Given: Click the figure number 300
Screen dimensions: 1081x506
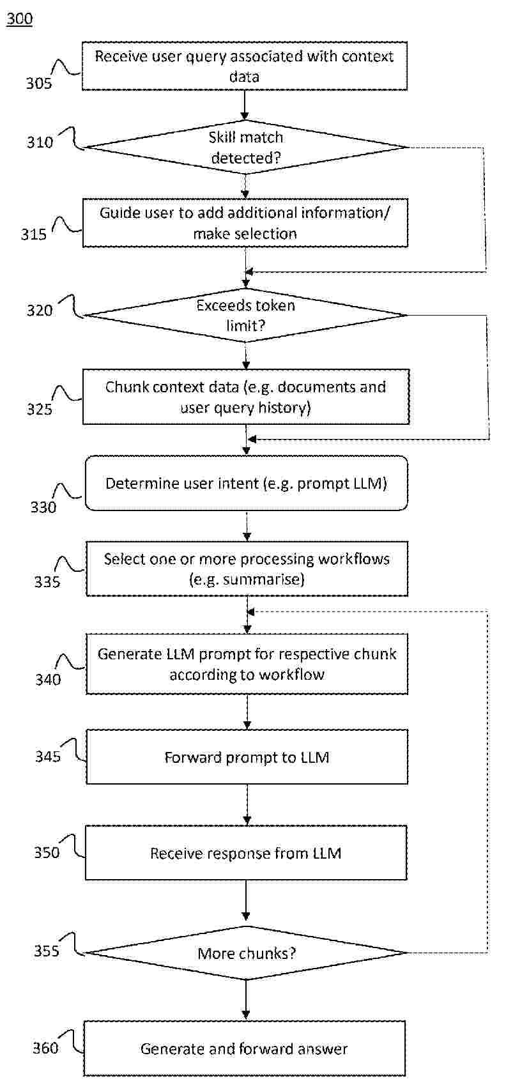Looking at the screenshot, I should [x=19, y=19].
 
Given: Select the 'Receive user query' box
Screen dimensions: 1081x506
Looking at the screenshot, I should [x=245, y=66].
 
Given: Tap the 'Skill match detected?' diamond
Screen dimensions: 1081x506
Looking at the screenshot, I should [x=246, y=147].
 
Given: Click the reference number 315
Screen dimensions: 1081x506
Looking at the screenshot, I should [x=33, y=234].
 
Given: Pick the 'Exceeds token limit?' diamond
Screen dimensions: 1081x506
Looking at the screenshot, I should [x=246, y=315].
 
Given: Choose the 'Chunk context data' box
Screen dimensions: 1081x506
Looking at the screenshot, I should [x=246, y=397].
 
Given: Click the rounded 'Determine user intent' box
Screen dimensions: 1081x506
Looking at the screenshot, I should [x=246, y=483].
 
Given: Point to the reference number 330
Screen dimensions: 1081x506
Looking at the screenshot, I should [x=43, y=507].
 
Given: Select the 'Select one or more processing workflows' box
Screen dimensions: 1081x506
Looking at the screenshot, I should [x=247, y=569].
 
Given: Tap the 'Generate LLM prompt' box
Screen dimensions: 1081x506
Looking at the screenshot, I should [x=247, y=664].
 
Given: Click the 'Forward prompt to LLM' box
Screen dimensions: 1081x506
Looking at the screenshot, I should [x=247, y=757].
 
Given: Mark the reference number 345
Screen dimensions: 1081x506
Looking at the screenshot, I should [x=48, y=756].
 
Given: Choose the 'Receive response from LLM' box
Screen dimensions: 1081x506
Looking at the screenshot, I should [x=246, y=853].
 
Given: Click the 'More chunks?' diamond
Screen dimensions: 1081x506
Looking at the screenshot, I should [x=246, y=953].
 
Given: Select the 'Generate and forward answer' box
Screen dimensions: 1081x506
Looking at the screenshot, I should [x=244, y=1048].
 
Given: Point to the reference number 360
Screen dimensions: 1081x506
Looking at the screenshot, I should [x=45, y=1048].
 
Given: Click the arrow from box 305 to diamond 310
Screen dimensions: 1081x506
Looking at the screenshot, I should [x=245, y=105].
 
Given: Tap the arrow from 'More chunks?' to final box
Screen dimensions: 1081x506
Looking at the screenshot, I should [x=246, y=1000].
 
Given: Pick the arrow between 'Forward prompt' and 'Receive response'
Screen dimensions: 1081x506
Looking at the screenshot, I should [x=247, y=804].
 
